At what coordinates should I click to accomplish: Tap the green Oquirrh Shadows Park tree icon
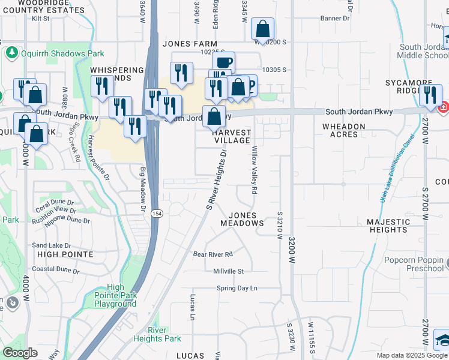tap(11, 53)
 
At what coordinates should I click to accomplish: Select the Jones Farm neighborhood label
tap(189, 44)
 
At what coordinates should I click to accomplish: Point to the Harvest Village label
tap(232, 136)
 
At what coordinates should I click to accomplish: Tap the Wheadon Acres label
tap(344, 131)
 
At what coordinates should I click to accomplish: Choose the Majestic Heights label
tap(388, 226)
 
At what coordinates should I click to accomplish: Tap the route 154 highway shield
tap(156, 214)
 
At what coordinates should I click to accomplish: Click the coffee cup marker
tap(223, 62)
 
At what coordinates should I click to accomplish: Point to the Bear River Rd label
tap(212, 254)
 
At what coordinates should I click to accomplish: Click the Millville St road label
tap(229, 271)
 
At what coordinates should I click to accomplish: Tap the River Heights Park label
tap(165, 334)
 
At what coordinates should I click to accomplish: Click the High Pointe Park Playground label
tap(115, 295)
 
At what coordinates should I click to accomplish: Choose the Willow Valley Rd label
tap(255, 170)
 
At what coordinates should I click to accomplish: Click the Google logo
tap(20, 353)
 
